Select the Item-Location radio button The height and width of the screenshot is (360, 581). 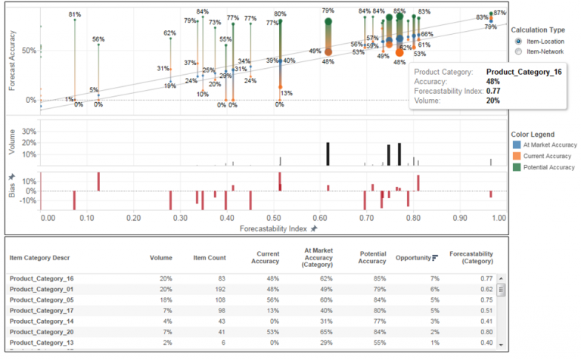pyautogui.click(x=518, y=41)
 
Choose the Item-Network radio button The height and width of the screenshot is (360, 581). pyautogui.click(x=518, y=51)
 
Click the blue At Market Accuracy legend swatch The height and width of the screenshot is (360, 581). pyautogui.click(x=517, y=144)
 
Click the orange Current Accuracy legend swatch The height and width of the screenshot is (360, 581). pyautogui.click(x=517, y=155)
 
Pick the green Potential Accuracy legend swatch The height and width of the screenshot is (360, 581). pyautogui.click(x=517, y=166)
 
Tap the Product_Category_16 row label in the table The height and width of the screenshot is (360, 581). pyautogui.click(x=42, y=278)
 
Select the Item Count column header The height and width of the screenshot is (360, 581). pyautogui.click(x=210, y=258)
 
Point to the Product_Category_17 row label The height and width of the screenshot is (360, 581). pyautogui.click(x=42, y=310)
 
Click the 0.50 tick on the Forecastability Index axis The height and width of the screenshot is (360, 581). pyautogui.click(x=274, y=218)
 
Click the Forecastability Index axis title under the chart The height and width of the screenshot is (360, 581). pyautogui.click(x=274, y=228)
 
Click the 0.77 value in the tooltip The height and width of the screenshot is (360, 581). pyautogui.click(x=492, y=91)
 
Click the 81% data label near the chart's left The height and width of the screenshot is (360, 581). pyautogui.click(x=74, y=15)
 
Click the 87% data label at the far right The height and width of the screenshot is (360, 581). pyautogui.click(x=499, y=13)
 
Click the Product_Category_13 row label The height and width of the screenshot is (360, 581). pyautogui.click(x=42, y=342)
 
